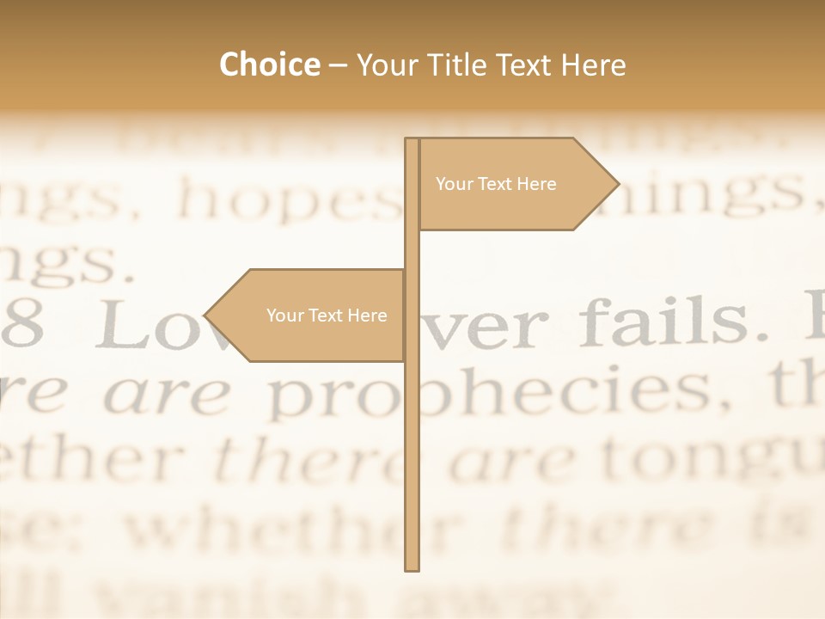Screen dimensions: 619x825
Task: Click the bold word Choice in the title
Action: (x=269, y=64)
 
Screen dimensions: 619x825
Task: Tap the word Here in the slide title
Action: (x=593, y=64)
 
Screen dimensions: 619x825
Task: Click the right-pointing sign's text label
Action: (x=496, y=184)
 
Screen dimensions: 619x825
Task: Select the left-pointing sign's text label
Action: (x=327, y=316)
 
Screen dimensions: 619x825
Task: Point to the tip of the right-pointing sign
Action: (x=617, y=184)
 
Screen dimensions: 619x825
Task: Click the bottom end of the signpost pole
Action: (x=412, y=567)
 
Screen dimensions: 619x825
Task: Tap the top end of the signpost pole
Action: (x=412, y=140)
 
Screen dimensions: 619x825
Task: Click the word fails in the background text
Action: (x=662, y=321)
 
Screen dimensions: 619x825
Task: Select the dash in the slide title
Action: (x=338, y=66)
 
